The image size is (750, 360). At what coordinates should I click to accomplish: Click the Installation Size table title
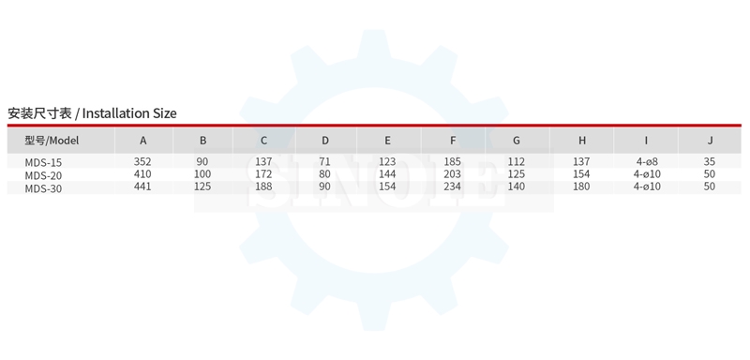click(92, 113)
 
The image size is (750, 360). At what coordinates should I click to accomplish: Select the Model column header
click(52, 141)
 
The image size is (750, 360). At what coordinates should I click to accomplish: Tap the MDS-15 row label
click(43, 162)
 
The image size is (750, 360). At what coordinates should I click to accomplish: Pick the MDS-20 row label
click(43, 175)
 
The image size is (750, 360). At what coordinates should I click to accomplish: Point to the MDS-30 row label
click(43, 188)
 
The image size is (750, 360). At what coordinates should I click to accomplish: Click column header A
click(143, 141)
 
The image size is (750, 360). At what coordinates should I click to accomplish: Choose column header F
click(453, 141)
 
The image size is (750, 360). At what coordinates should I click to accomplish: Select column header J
click(711, 141)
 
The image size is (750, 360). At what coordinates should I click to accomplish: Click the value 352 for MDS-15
click(142, 161)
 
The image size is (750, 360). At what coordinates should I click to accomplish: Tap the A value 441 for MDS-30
click(142, 187)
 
